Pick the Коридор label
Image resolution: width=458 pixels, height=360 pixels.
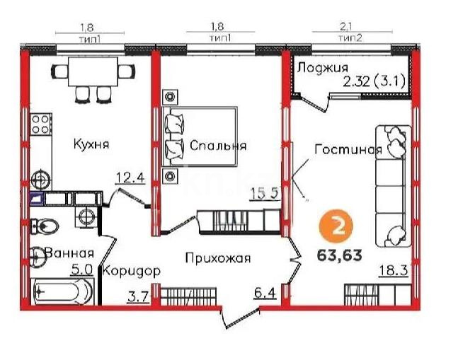point(131,271)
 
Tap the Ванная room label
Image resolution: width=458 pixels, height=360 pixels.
point(69,252)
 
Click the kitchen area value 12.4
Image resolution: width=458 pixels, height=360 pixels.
point(130,178)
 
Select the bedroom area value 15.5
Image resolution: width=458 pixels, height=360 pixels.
point(265,191)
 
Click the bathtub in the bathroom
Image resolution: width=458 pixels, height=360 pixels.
point(64,289)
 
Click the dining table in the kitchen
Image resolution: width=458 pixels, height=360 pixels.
point(92,70)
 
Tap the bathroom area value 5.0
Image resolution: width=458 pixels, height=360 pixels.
point(82,269)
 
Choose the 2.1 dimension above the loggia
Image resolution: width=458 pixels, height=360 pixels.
point(346,29)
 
